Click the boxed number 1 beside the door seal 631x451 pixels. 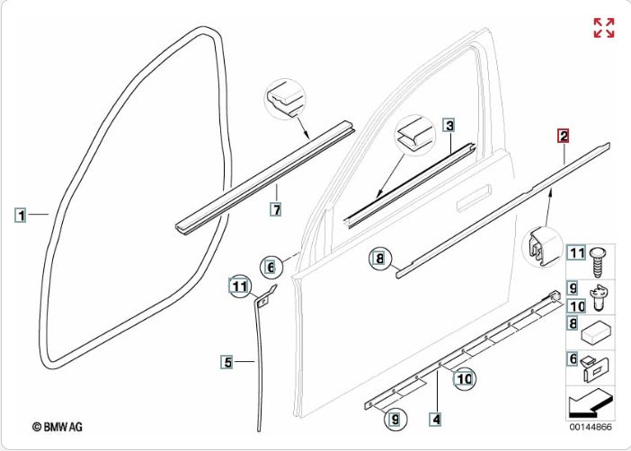tap(21, 215)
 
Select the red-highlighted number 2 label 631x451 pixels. tap(563, 137)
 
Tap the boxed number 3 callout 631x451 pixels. tap(449, 125)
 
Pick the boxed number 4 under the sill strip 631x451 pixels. tap(435, 418)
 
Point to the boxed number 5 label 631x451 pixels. tap(228, 362)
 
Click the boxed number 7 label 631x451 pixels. tap(276, 209)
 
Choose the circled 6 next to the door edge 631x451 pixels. tap(268, 267)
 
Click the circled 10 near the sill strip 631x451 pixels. tap(462, 379)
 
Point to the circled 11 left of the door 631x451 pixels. tap(237, 287)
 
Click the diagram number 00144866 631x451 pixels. tap(590, 428)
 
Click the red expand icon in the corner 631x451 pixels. tap(604, 28)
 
